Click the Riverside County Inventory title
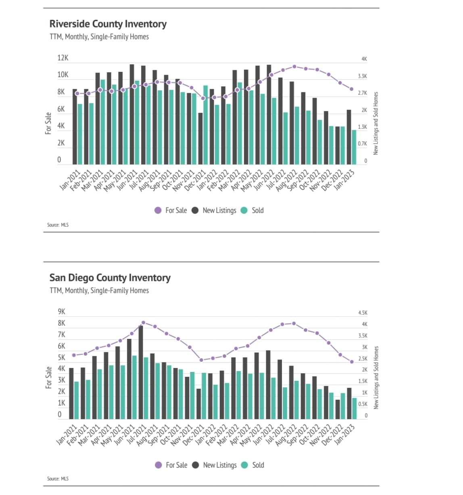108,24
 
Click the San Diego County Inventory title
110,278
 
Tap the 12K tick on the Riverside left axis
63,58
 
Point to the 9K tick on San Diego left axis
61,312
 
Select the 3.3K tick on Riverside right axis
362,76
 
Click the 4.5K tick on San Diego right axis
363,313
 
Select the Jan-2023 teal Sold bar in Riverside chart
354,147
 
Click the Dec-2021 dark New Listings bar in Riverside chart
200,138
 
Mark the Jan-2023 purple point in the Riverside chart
351,89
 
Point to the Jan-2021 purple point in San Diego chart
74,355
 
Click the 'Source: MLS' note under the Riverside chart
58,225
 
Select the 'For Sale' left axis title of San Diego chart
49,377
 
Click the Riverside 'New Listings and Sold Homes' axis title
375,123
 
